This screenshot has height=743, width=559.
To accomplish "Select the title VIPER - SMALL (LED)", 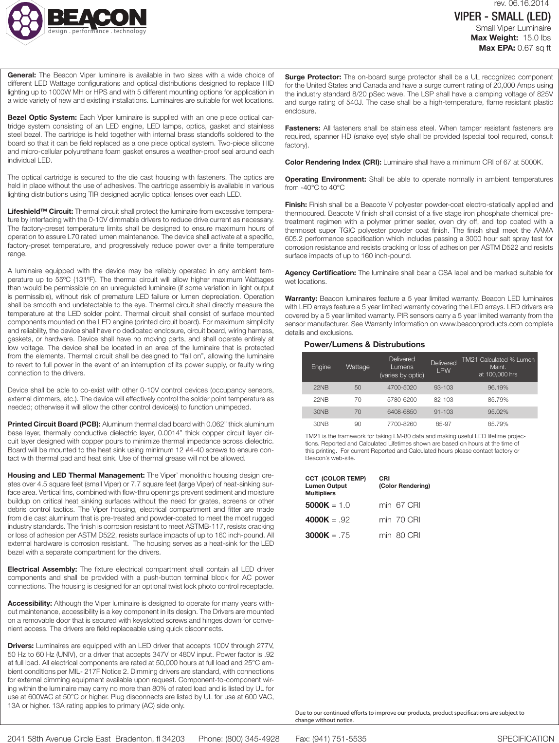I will point(502,17).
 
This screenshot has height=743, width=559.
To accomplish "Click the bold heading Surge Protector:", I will point(313,77).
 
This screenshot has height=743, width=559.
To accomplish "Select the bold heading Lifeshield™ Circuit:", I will point(40,211).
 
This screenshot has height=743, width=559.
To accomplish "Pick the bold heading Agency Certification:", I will point(320,273).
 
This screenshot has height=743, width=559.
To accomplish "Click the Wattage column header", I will point(358,367).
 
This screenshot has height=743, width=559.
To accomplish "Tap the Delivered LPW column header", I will point(443,367).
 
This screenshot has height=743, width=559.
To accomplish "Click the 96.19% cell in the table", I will point(498,388).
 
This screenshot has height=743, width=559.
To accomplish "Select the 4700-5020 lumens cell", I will point(402,388).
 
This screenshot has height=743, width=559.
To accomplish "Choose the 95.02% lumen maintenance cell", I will point(498,412).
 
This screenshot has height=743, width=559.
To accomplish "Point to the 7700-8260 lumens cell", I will point(402,424).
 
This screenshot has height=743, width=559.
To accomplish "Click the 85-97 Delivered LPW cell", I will point(443,424).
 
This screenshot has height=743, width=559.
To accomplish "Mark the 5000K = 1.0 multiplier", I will point(327,505).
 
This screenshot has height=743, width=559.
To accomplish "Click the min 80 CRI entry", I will point(399,535).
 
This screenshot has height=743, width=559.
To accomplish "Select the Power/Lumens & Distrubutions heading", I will point(364,344).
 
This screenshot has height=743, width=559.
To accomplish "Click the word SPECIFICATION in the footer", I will point(525,739).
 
